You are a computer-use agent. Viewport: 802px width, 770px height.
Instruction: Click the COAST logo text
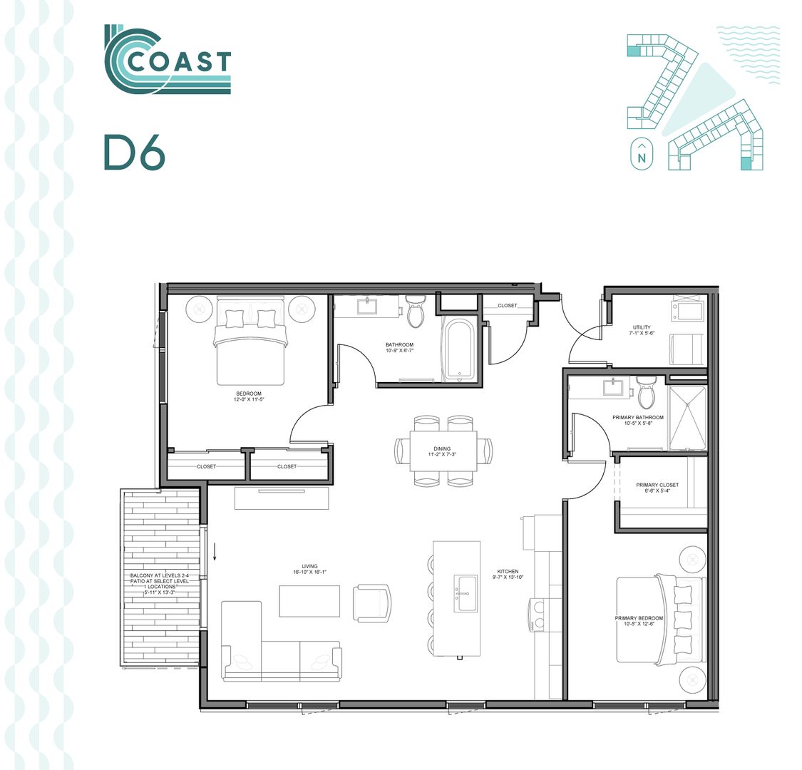coord(179,62)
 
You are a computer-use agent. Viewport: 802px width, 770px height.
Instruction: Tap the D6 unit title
coord(134,152)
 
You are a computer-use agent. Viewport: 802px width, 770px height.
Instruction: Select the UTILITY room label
coord(640,328)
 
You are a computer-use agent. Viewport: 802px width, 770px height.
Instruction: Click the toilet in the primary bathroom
coord(647,393)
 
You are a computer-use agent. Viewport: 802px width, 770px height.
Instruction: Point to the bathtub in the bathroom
coord(458,348)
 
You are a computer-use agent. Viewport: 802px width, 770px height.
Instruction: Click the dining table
coord(443,451)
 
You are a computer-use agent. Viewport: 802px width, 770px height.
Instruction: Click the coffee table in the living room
coord(309,600)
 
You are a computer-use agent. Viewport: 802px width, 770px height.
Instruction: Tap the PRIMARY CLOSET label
coord(657,485)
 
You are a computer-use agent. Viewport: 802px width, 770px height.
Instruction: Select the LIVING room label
coord(309,566)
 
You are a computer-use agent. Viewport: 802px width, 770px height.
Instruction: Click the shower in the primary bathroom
coord(687,419)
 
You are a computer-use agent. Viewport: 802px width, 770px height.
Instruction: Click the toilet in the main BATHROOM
coord(416,312)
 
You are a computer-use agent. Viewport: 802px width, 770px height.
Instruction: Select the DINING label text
coord(441,449)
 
